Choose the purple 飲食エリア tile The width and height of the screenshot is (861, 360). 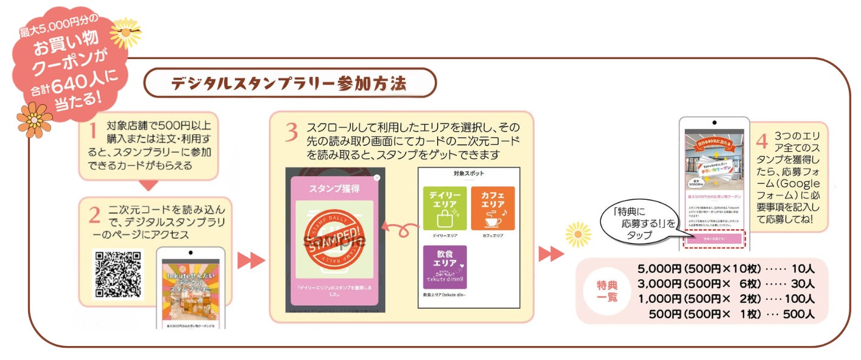click(x=445, y=267)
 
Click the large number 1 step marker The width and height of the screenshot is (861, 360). click(x=92, y=130)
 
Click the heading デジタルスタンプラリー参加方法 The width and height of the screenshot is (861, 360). click(x=289, y=83)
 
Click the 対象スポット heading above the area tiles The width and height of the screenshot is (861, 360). click(x=468, y=173)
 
